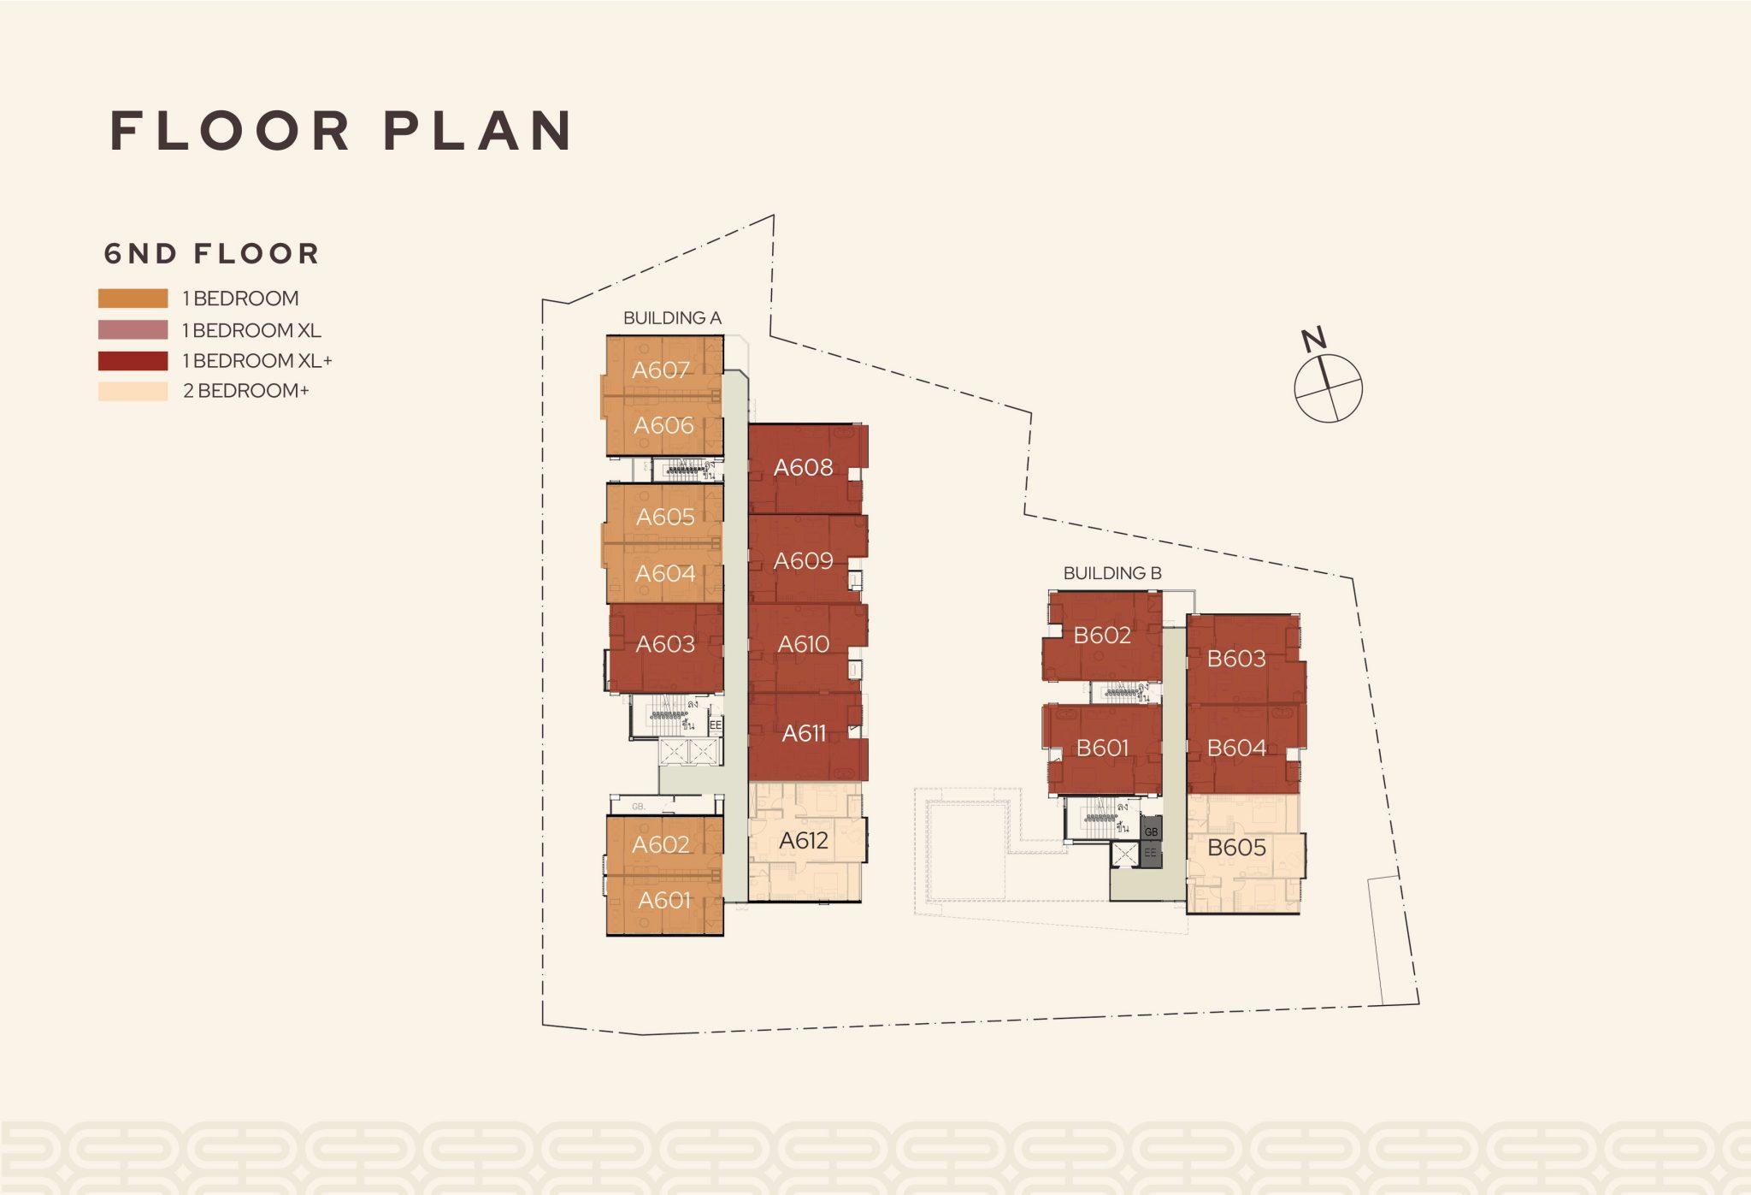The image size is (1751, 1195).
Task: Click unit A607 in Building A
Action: [x=661, y=370]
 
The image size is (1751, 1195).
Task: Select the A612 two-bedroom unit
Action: [x=804, y=841]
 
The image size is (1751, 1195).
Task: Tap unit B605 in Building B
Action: [x=1236, y=848]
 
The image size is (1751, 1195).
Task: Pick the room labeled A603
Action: [x=665, y=644]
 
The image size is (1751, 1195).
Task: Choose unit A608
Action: [x=803, y=468]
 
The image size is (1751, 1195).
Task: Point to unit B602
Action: [x=1102, y=636]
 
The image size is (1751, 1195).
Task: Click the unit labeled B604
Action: [x=1236, y=748]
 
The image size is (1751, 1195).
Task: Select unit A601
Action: [x=664, y=901]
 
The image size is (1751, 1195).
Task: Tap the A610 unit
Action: [x=803, y=644]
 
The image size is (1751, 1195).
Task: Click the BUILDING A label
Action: [x=672, y=318]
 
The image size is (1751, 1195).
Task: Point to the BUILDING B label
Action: [x=1112, y=573]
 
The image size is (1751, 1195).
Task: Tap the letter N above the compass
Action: [x=1314, y=340]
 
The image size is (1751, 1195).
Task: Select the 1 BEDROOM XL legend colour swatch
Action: [x=133, y=330]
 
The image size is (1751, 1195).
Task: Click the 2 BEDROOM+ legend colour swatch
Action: [x=133, y=391]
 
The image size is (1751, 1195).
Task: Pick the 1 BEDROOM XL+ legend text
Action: [x=257, y=361]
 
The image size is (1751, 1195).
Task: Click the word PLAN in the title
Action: [x=478, y=131]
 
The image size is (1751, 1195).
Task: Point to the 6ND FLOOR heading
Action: [x=211, y=254]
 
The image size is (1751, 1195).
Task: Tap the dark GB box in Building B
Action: [x=1151, y=831]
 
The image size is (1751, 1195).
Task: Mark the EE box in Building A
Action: [x=716, y=725]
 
